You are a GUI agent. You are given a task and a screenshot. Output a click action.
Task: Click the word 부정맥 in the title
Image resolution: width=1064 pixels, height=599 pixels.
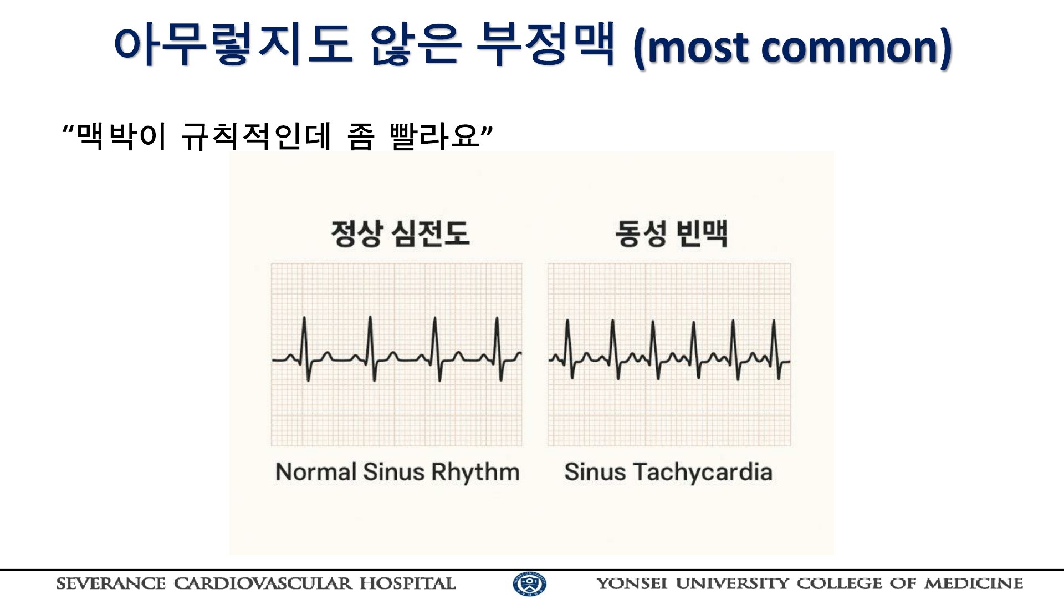pos(546,44)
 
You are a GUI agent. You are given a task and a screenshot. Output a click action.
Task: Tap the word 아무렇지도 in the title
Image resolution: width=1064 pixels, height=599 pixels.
pos(233,44)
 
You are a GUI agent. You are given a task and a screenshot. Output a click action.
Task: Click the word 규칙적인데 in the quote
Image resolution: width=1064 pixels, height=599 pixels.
pos(256,136)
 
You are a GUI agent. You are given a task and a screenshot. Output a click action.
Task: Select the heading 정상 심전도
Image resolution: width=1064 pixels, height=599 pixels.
pos(400,233)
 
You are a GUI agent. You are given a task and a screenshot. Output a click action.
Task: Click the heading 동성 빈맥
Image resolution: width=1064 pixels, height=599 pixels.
pos(671,233)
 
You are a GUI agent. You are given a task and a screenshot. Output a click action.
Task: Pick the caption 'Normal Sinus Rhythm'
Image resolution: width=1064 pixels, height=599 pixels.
pos(397,472)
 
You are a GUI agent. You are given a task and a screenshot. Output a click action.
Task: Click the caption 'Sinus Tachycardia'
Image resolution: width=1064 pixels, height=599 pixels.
pos(668,472)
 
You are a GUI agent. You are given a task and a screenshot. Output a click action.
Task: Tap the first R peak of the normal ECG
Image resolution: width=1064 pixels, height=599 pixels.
pos(304,318)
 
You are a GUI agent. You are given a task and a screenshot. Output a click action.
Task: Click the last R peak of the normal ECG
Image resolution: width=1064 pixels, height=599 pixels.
pos(497,318)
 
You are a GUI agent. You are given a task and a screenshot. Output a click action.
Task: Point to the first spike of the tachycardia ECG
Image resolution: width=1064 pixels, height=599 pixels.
pos(567,321)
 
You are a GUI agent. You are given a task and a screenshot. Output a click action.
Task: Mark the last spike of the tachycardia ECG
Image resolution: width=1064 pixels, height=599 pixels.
pos(774,321)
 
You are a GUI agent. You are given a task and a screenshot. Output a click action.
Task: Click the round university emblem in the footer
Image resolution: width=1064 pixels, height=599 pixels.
pos(530,584)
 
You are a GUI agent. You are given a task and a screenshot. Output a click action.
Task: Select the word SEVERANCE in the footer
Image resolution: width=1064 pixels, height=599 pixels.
pos(111,583)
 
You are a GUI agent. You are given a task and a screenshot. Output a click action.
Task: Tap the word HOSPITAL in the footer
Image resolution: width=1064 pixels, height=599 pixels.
pos(407,583)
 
